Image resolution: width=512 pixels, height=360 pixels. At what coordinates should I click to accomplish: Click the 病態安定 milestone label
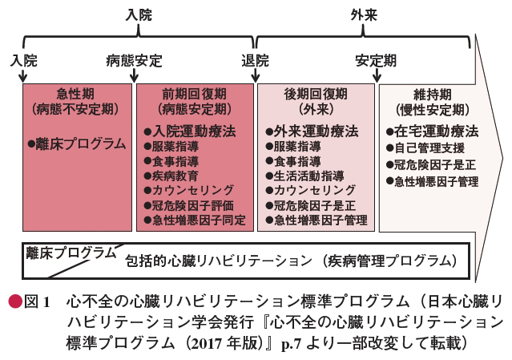point(134,61)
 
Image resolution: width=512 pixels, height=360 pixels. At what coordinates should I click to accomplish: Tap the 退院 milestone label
point(255,61)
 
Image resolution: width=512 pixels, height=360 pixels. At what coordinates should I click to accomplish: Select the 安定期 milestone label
point(376,61)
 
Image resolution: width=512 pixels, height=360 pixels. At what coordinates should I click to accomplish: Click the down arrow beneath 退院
point(256,76)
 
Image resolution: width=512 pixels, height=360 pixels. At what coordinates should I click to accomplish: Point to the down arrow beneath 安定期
point(377,76)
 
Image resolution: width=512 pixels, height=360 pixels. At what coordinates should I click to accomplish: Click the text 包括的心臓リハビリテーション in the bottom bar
point(219,261)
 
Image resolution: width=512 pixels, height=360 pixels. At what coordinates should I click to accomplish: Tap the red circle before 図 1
point(15,301)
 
